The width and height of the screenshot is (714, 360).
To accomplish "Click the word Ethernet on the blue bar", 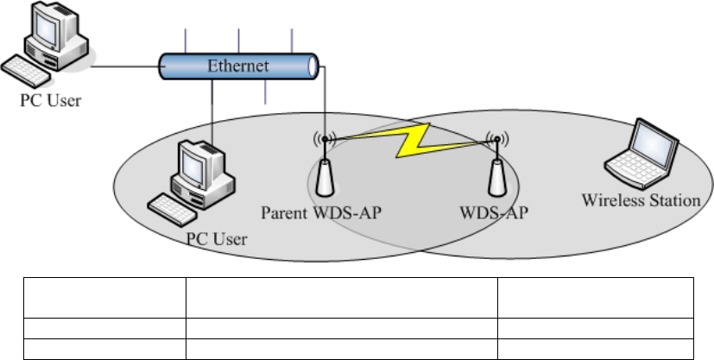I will point(239,66).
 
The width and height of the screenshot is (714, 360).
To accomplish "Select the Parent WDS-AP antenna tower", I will point(325,178).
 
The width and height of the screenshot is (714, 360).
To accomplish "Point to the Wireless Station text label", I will point(641,200).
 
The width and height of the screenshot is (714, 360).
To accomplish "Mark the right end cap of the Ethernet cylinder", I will point(314,67).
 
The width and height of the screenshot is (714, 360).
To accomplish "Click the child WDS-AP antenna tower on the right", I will point(496,178).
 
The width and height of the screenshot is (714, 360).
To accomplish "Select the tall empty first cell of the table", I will point(103,296).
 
